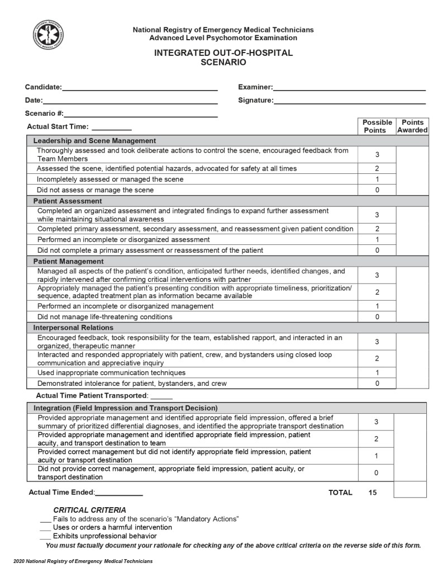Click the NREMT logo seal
click(48, 35)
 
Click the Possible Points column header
click(377, 126)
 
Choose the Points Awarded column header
click(412, 126)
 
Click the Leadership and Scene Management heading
click(94, 141)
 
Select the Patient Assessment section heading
click(68, 201)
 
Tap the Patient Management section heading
click(68, 261)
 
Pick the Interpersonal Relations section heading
click(73, 328)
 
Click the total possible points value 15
click(373, 493)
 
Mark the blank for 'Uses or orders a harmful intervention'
click(45, 528)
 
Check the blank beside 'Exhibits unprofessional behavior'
click(45, 536)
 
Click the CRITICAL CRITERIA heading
click(89, 510)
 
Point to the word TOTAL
click(340, 493)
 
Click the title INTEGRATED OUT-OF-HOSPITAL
click(224, 53)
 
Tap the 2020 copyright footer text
click(83, 561)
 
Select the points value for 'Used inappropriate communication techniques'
click(377, 373)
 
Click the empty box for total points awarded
click(410, 490)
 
